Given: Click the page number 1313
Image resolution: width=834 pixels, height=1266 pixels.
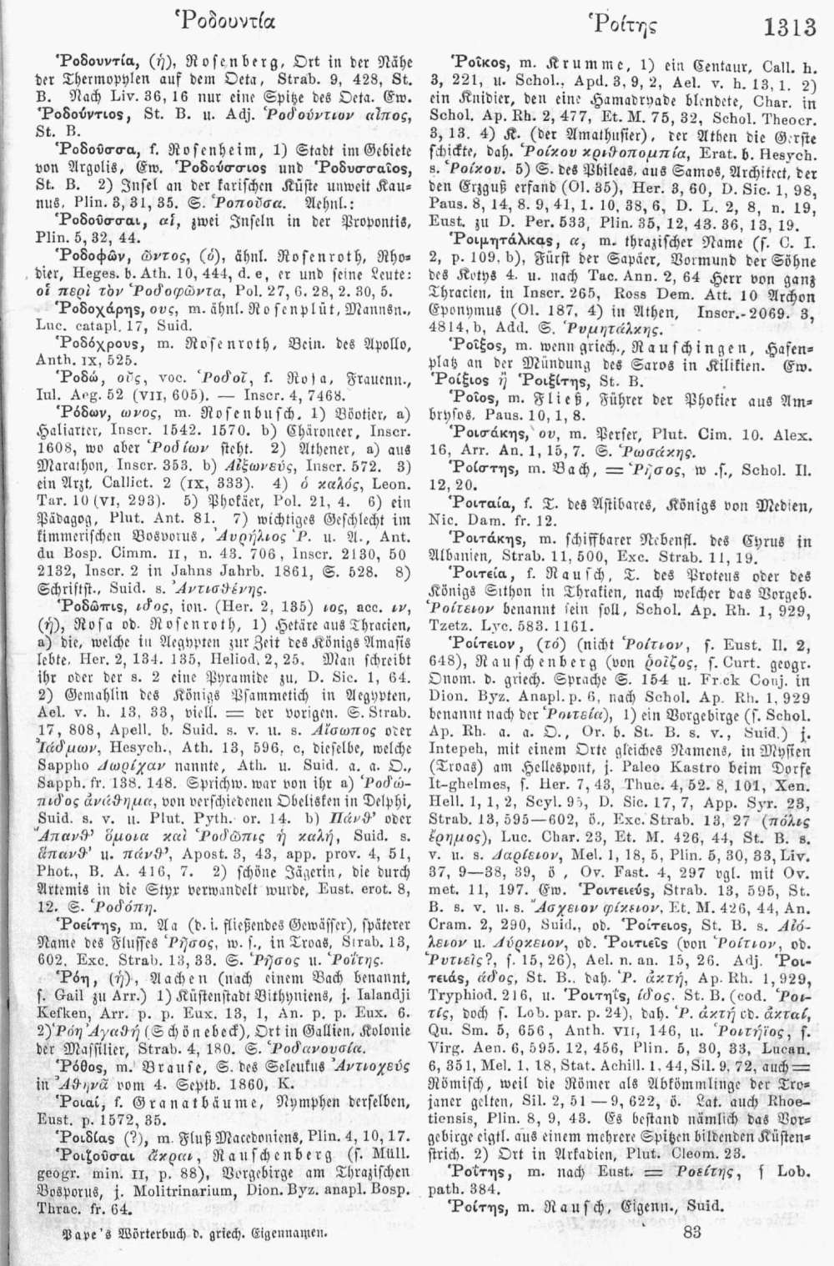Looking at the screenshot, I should click(789, 28).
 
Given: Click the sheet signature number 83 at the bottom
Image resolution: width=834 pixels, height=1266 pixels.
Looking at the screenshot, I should click(691, 1232).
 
